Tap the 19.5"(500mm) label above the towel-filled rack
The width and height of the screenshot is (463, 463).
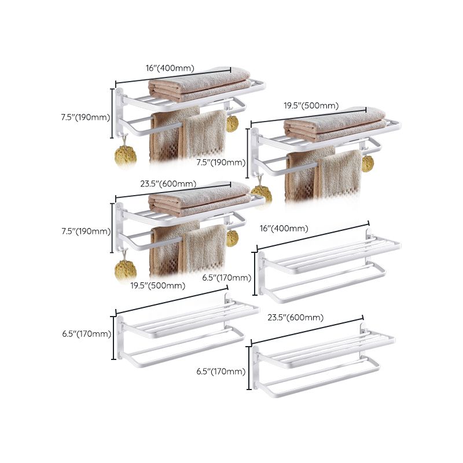tap(311, 106)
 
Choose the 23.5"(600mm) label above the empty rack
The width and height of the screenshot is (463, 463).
tap(296, 318)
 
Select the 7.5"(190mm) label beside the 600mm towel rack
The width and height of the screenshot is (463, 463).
tap(85, 231)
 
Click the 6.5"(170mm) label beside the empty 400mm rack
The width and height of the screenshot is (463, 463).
tap(227, 278)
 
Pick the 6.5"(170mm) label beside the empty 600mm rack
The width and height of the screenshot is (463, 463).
tap(221, 372)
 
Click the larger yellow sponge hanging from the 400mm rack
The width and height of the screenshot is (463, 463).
tap(126, 155)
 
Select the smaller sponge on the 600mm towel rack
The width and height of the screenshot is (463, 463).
tap(232, 237)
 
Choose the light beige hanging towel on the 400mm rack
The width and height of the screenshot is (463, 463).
tap(205, 134)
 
